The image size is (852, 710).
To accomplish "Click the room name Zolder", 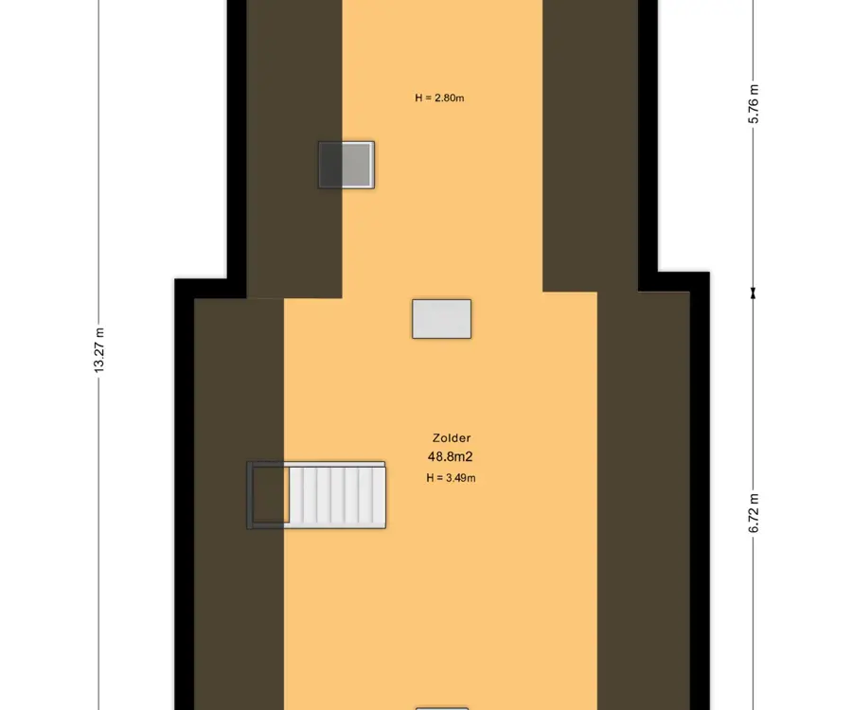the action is click(452, 438).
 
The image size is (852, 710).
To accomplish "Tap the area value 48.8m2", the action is click(451, 457).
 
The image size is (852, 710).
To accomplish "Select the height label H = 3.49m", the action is click(451, 478).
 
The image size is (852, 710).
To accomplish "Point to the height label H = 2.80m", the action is click(439, 98).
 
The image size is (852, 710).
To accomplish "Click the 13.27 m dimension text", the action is click(98, 350).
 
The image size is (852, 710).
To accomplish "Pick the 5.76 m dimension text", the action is click(754, 104).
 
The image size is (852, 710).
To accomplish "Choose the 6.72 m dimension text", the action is click(754, 513).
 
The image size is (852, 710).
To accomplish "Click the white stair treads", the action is click(337, 495).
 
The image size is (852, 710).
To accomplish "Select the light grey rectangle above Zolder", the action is click(442, 319).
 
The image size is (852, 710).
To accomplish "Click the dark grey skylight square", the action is click(346, 165).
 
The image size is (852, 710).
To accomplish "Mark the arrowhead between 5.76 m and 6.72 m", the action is click(754, 293).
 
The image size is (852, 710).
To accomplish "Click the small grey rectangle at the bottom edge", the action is click(442, 708).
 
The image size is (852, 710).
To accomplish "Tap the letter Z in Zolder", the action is click(436, 438).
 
